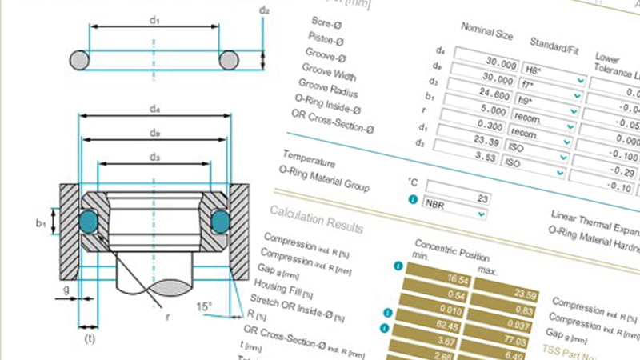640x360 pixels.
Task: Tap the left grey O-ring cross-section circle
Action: click(x=81, y=61)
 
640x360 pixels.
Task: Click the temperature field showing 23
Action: click(x=461, y=195)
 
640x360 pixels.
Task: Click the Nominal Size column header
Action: click(x=488, y=32)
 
